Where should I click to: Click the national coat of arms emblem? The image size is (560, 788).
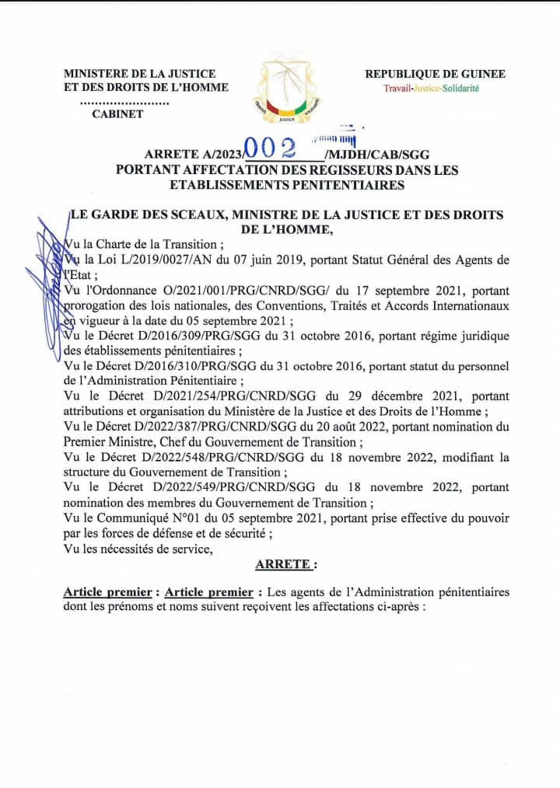pyautogui.click(x=285, y=89)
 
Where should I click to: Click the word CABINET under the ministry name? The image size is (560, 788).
pyautogui.click(x=117, y=115)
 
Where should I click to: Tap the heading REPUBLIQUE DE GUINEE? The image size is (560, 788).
pyautogui.click(x=436, y=74)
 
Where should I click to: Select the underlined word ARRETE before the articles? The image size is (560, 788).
pyautogui.click(x=285, y=564)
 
